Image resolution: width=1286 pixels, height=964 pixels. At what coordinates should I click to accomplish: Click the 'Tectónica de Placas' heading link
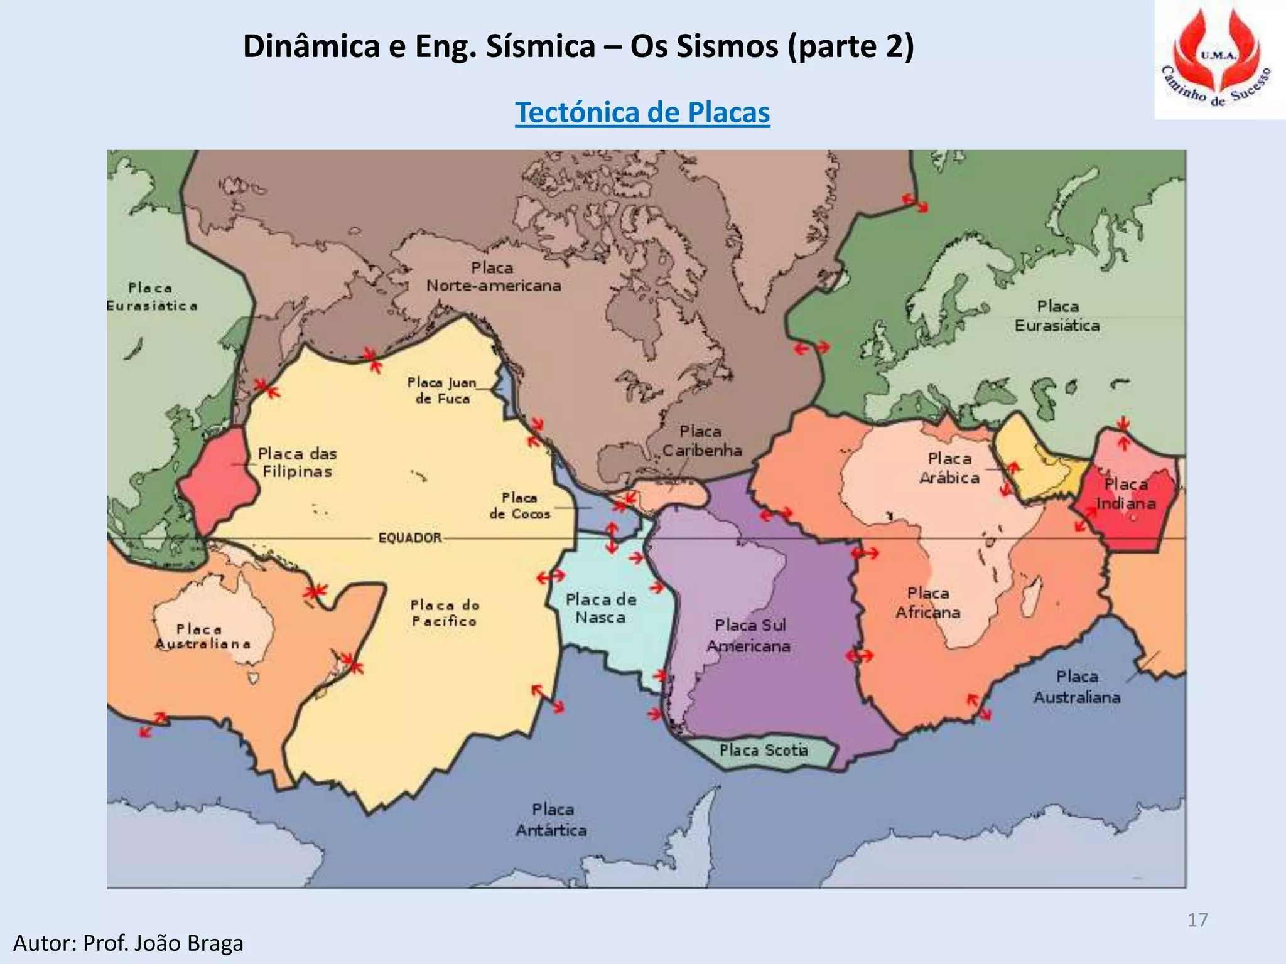[x=642, y=113]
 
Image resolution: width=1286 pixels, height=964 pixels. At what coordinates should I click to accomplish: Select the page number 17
[x=1197, y=920]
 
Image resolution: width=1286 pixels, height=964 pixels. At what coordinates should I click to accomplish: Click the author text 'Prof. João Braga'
[x=163, y=943]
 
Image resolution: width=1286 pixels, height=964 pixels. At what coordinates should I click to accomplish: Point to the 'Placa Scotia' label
[x=764, y=751]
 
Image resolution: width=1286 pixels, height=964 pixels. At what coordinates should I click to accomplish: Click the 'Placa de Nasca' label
[x=600, y=609]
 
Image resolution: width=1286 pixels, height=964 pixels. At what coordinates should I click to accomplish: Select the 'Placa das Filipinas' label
[x=297, y=463]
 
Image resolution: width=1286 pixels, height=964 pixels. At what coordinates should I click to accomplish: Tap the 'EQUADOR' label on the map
[x=410, y=538]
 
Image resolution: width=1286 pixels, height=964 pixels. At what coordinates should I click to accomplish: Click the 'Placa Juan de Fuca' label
[x=441, y=390]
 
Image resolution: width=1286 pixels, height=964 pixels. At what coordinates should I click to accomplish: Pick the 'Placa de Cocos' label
[x=519, y=506]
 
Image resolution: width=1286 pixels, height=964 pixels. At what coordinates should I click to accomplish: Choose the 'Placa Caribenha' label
[x=701, y=441]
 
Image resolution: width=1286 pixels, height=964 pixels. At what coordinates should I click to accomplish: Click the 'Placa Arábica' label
[x=949, y=468]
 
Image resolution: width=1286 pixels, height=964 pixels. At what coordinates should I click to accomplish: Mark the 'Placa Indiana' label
[x=1126, y=494]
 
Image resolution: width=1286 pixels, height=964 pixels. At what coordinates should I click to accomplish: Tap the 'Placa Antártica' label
[x=552, y=820]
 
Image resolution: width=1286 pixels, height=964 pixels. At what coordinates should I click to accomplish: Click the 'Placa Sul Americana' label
[x=750, y=635]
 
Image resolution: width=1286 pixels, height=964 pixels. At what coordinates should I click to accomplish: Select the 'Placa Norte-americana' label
[x=494, y=277]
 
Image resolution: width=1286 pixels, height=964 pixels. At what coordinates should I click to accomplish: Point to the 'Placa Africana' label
[x=928, y=602]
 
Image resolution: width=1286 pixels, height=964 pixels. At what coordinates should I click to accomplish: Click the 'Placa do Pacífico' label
[x=445, y=613]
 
